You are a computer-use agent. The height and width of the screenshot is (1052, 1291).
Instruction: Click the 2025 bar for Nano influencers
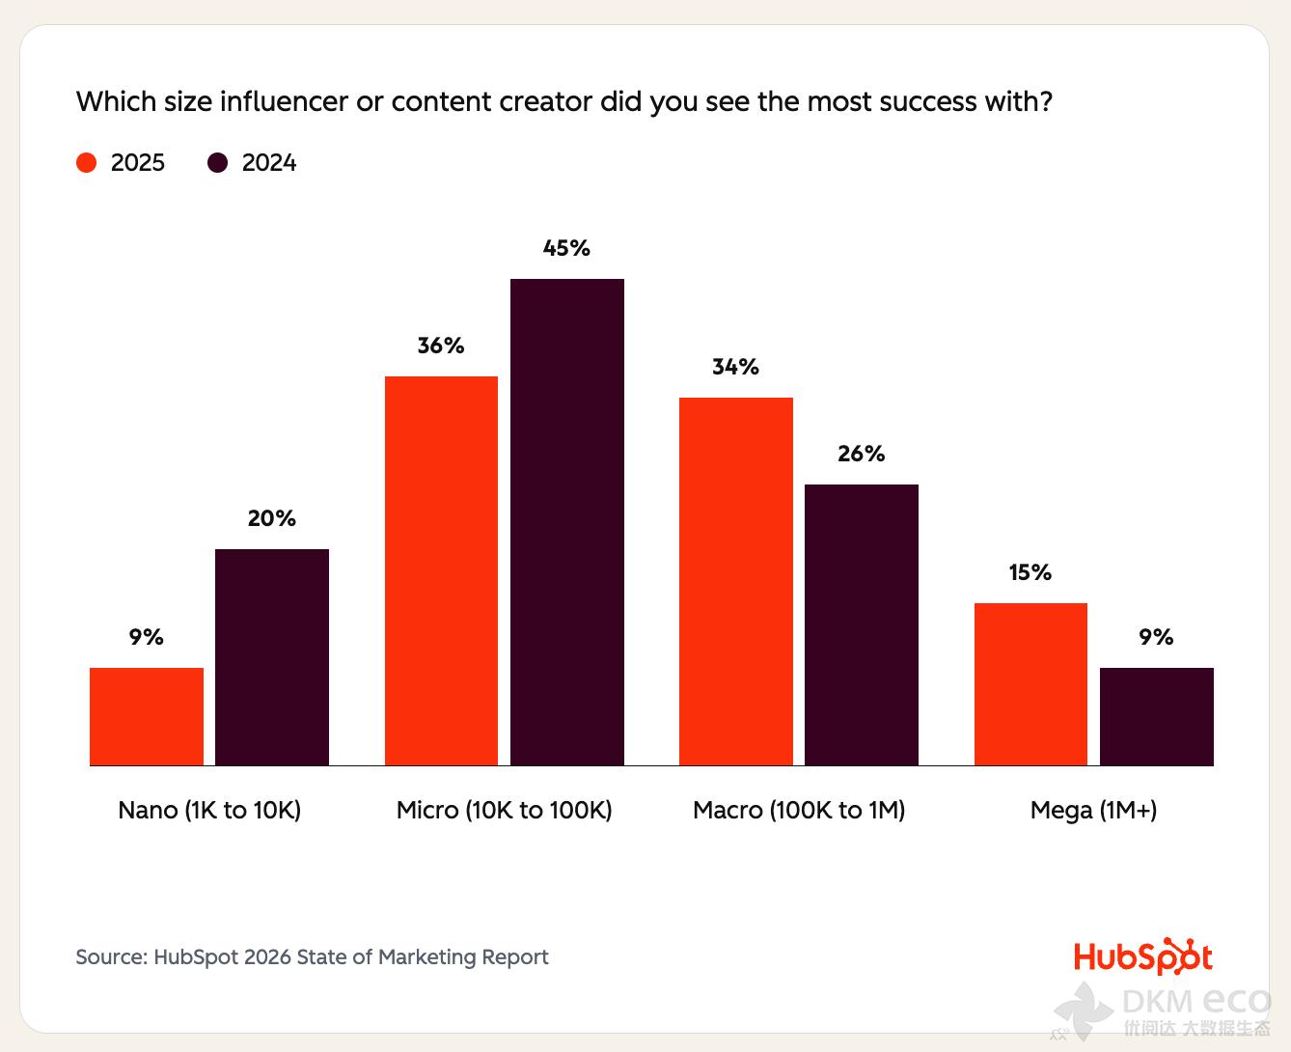tap(147, 716)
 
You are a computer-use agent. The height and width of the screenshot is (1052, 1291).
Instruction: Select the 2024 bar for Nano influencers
tap(272, 657)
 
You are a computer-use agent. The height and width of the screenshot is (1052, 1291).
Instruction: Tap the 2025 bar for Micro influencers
tap(441, 570)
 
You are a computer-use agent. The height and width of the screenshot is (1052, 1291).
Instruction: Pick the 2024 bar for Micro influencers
tap(567, 522)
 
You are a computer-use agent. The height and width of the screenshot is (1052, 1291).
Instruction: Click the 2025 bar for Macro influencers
tap(736, 581)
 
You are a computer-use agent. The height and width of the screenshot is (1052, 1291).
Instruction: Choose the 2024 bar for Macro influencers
tap(862, 624)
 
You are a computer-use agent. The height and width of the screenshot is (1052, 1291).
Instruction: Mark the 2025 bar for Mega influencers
tap(1030, 683)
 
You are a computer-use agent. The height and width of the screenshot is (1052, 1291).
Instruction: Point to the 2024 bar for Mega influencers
tap(1157, 716)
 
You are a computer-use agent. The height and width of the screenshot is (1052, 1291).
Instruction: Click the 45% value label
tap(566, 248)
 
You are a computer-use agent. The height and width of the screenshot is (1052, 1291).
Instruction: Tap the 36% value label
tap(441, 346)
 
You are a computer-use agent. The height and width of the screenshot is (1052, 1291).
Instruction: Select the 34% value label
tap(736, 367)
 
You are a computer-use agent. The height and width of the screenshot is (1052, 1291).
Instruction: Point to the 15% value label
tap(1030, 572)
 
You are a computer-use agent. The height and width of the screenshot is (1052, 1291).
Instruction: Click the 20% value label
tap(272, 518)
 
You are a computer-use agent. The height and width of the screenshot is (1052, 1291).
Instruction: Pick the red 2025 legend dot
tap(87, 162)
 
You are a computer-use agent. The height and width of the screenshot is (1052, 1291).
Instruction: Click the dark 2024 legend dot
tap(218, 162)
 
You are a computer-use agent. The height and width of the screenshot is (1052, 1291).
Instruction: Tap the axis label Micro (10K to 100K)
tap(505, 810)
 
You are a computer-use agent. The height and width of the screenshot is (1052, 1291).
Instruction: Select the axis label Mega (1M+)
tap(1093, 810)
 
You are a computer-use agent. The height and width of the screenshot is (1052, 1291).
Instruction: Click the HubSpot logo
tap(1143, 956)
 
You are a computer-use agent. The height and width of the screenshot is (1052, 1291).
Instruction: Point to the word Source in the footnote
tap(110, 956)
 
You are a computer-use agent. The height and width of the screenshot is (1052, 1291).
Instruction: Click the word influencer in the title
tap(284, 101)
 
